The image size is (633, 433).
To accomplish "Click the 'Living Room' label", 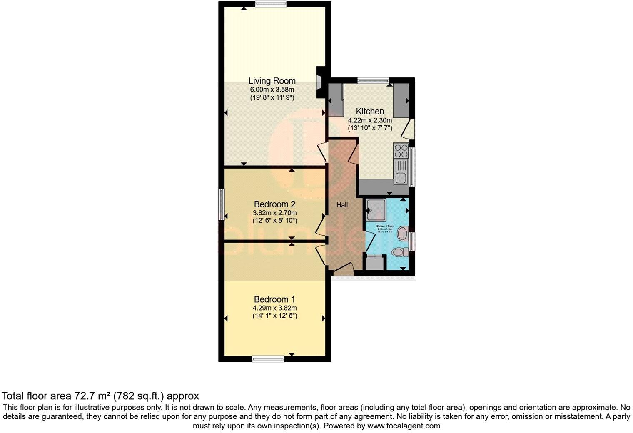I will [x=272, y=81].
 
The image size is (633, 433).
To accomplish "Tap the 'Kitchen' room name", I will [x=370, y=112].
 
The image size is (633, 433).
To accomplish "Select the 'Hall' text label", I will [x=342, y=205].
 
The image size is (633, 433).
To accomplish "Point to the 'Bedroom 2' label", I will [x=274, y=204].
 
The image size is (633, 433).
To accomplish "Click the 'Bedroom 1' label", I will [x=274, y=299].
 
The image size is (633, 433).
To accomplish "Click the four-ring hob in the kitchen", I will [x=401, y=150].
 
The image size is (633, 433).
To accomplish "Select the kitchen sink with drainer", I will [x=401, y=172].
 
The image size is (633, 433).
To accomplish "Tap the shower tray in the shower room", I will [x=376, y=210].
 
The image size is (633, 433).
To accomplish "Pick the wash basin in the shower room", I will [x=403, y=234].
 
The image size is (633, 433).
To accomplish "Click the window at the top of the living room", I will [x=271, y=5].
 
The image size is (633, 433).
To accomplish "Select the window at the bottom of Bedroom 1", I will [x=269, y=358].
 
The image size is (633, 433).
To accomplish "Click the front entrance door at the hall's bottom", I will [x=344, y=269].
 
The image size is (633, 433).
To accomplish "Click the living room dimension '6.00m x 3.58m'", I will [x=272, y=90].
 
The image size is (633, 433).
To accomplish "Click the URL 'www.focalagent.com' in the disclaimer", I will [x=404, y=426].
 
